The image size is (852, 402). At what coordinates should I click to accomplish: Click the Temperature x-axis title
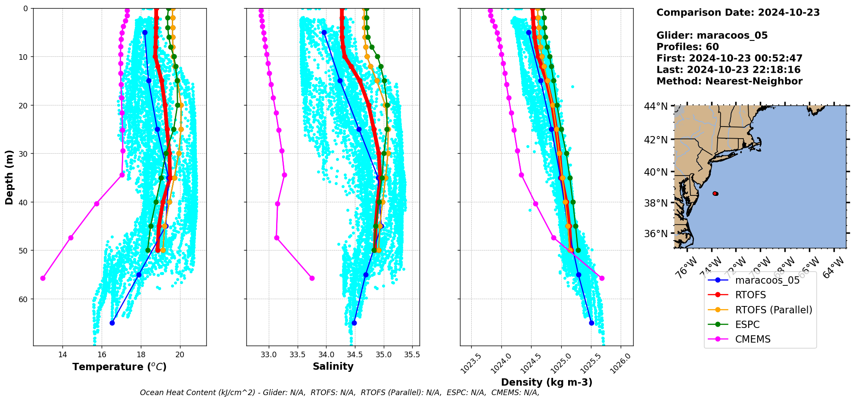pos(119,367)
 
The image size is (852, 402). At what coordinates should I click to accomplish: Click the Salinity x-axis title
pos(333,367)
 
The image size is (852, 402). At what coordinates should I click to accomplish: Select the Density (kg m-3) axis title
pos(547,382)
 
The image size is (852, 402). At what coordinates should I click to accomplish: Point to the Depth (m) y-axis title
pos(9,177)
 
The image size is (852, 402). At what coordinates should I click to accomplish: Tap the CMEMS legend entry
pos(752,339)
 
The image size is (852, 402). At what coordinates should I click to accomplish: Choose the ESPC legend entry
pos(747,325)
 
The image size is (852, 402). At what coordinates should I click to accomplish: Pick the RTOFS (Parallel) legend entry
pos(774,310)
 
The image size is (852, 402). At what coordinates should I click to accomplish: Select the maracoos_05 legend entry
pos(767,281)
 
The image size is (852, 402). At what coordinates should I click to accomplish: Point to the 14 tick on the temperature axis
pos(62,355)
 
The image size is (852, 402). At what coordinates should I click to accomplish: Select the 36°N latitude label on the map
pos(656,234)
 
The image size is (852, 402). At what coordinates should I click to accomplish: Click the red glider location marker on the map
pos(715,194)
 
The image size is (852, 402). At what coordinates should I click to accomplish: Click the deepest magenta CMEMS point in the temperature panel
pos(43,278)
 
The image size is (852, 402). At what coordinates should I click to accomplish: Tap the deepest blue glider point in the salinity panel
pos(354,323)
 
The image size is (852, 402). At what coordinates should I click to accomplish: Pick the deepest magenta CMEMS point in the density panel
pos(602,278)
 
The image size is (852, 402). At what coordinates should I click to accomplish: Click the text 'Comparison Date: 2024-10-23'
pos(738,12)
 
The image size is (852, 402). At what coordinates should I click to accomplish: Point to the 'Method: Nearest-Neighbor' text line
pos(729,81)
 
